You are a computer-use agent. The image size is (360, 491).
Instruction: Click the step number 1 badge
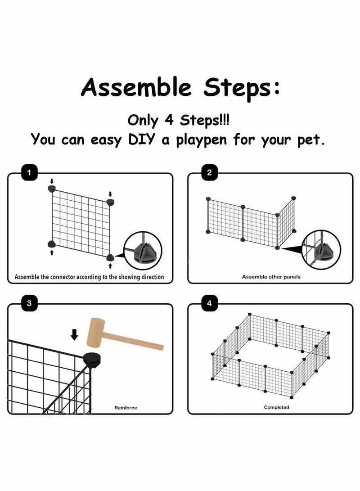pos(29,172)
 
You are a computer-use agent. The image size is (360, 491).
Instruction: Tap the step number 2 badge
pos(209,172)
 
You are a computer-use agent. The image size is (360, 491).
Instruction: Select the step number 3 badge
pos(29,303)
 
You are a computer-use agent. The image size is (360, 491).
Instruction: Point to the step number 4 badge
pos(209,303)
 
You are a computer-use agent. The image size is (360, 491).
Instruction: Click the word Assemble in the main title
pos(136,87)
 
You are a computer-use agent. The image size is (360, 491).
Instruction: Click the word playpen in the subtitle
pos(201,140)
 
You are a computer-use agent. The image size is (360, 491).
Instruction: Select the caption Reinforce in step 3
pos(126,408)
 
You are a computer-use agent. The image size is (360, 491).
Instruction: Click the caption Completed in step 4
pos(276,407)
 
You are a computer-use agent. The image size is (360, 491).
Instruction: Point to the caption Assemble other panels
pos(271,277)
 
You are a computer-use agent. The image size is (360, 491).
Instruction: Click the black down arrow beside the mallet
pos(74,334)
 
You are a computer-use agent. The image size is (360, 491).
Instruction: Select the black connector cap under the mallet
pos(92,360)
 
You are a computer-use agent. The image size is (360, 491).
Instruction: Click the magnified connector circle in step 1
pos(143,251)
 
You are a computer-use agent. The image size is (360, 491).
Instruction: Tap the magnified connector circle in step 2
pos(321,250)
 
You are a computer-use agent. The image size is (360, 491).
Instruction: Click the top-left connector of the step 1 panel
pos(52,188)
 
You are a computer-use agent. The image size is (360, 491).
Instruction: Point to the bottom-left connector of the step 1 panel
pos(52,244)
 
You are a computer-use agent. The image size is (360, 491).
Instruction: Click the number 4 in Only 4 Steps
pos(169,120)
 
